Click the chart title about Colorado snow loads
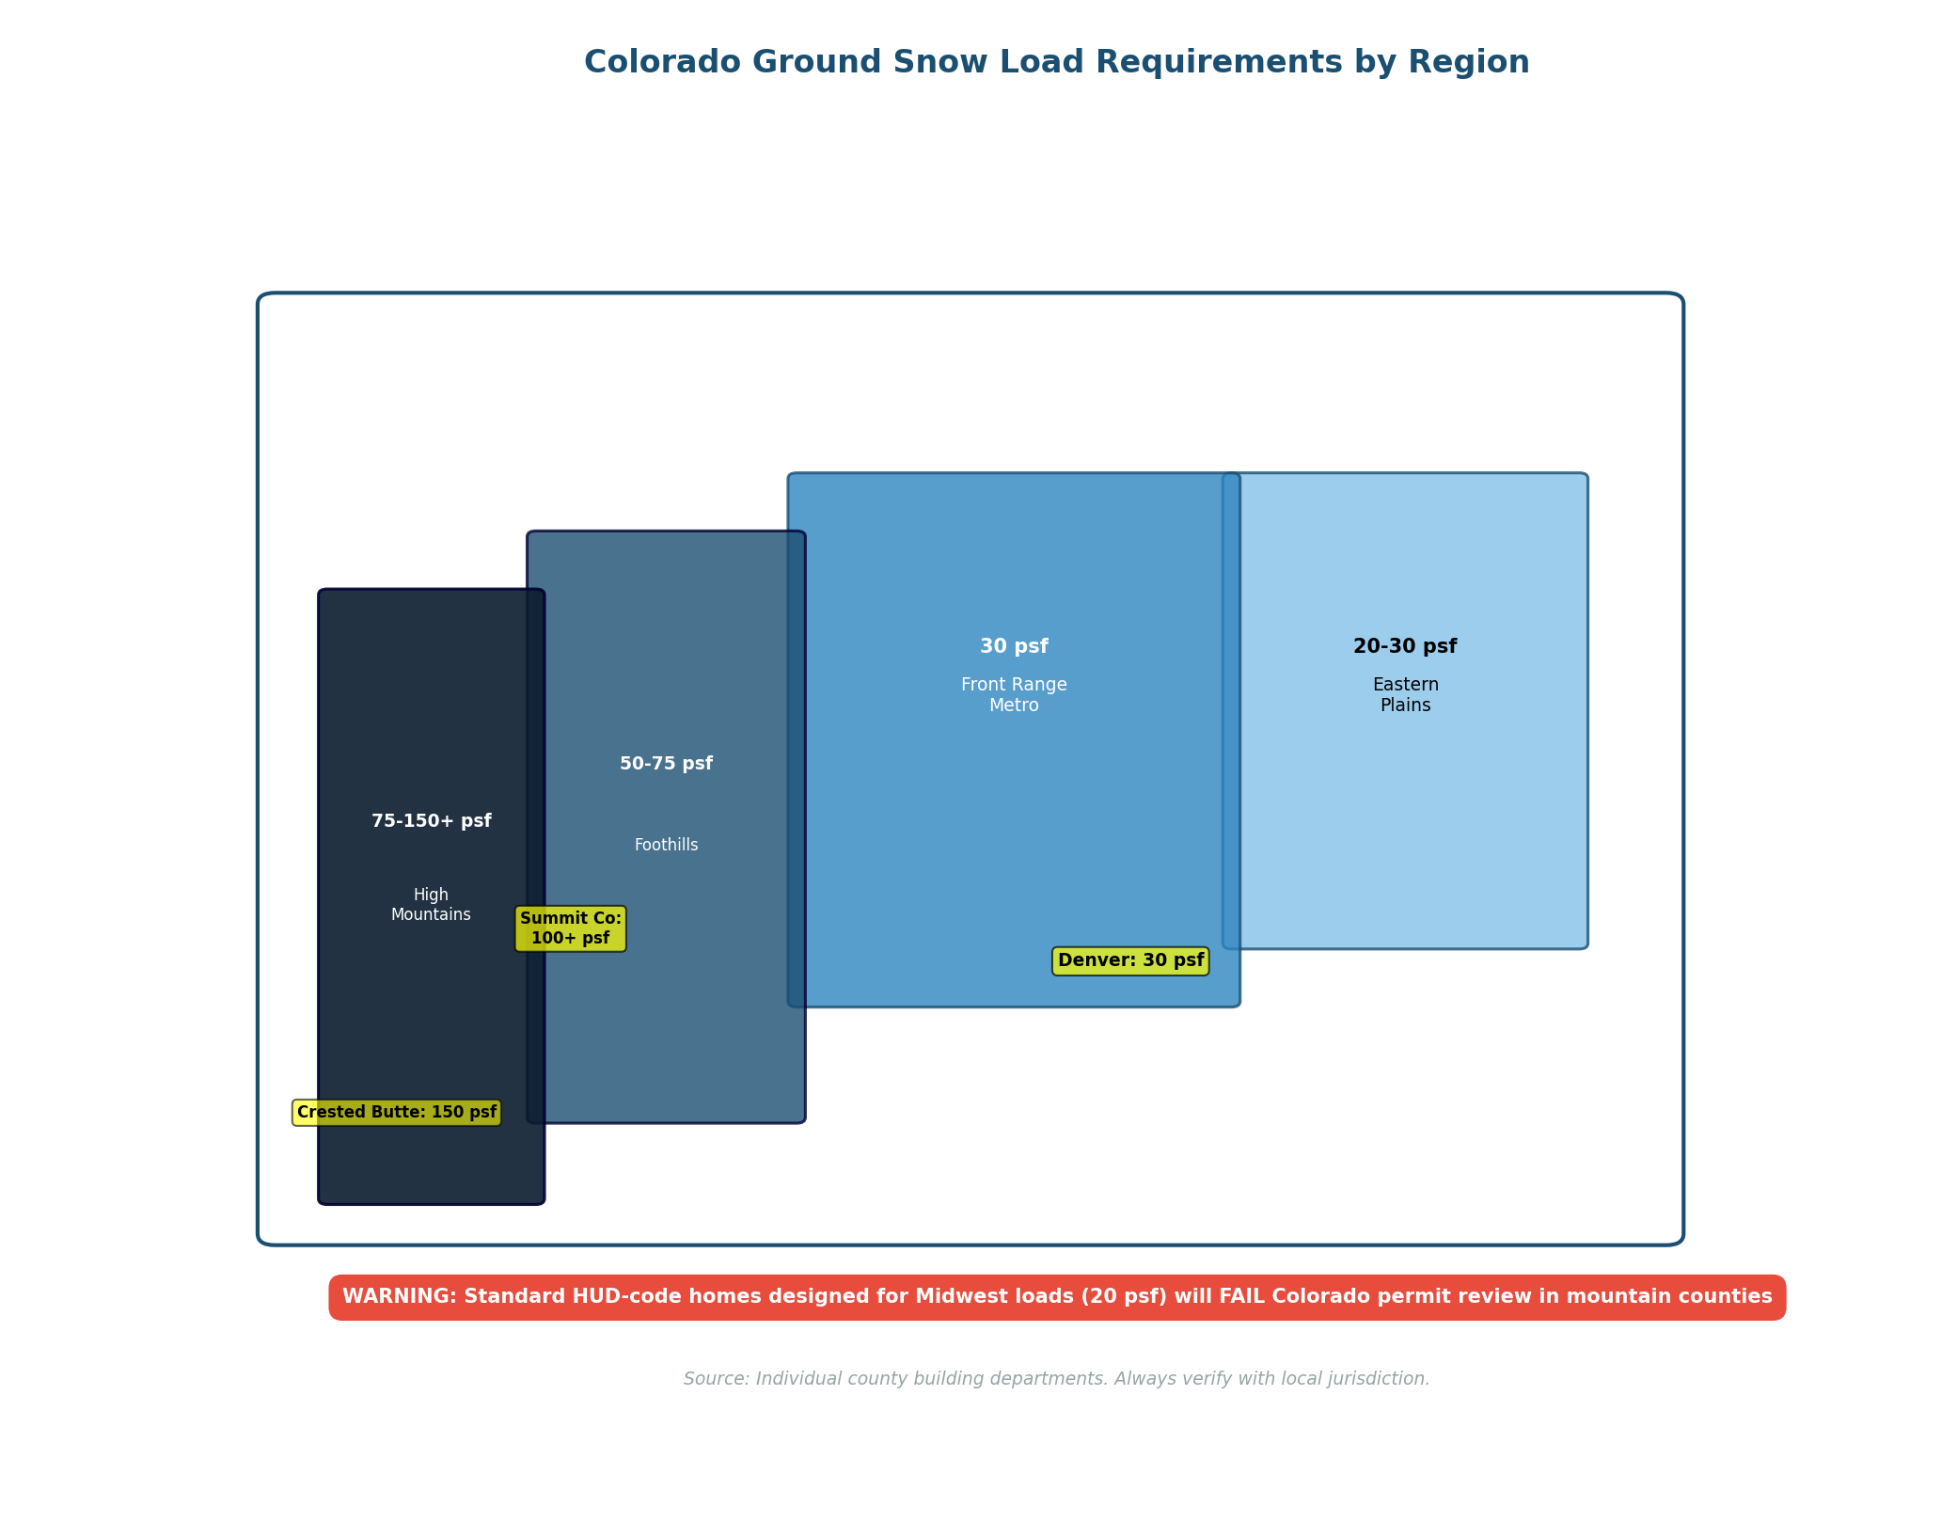coord(1056,63)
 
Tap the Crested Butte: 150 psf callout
coord(397,1113)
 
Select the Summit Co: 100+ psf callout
coord(570,928)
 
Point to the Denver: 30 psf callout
coord(1130,960)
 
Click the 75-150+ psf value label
coord(431,821)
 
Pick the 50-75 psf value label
coord(666,764)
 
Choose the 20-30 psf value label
coord(1405,647)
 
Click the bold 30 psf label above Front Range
coord(1014,647)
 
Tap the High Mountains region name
coord(431,905)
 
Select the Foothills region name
coord(666,845)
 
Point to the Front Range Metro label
coord(1014,695)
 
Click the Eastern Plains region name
coord(1405,695)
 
